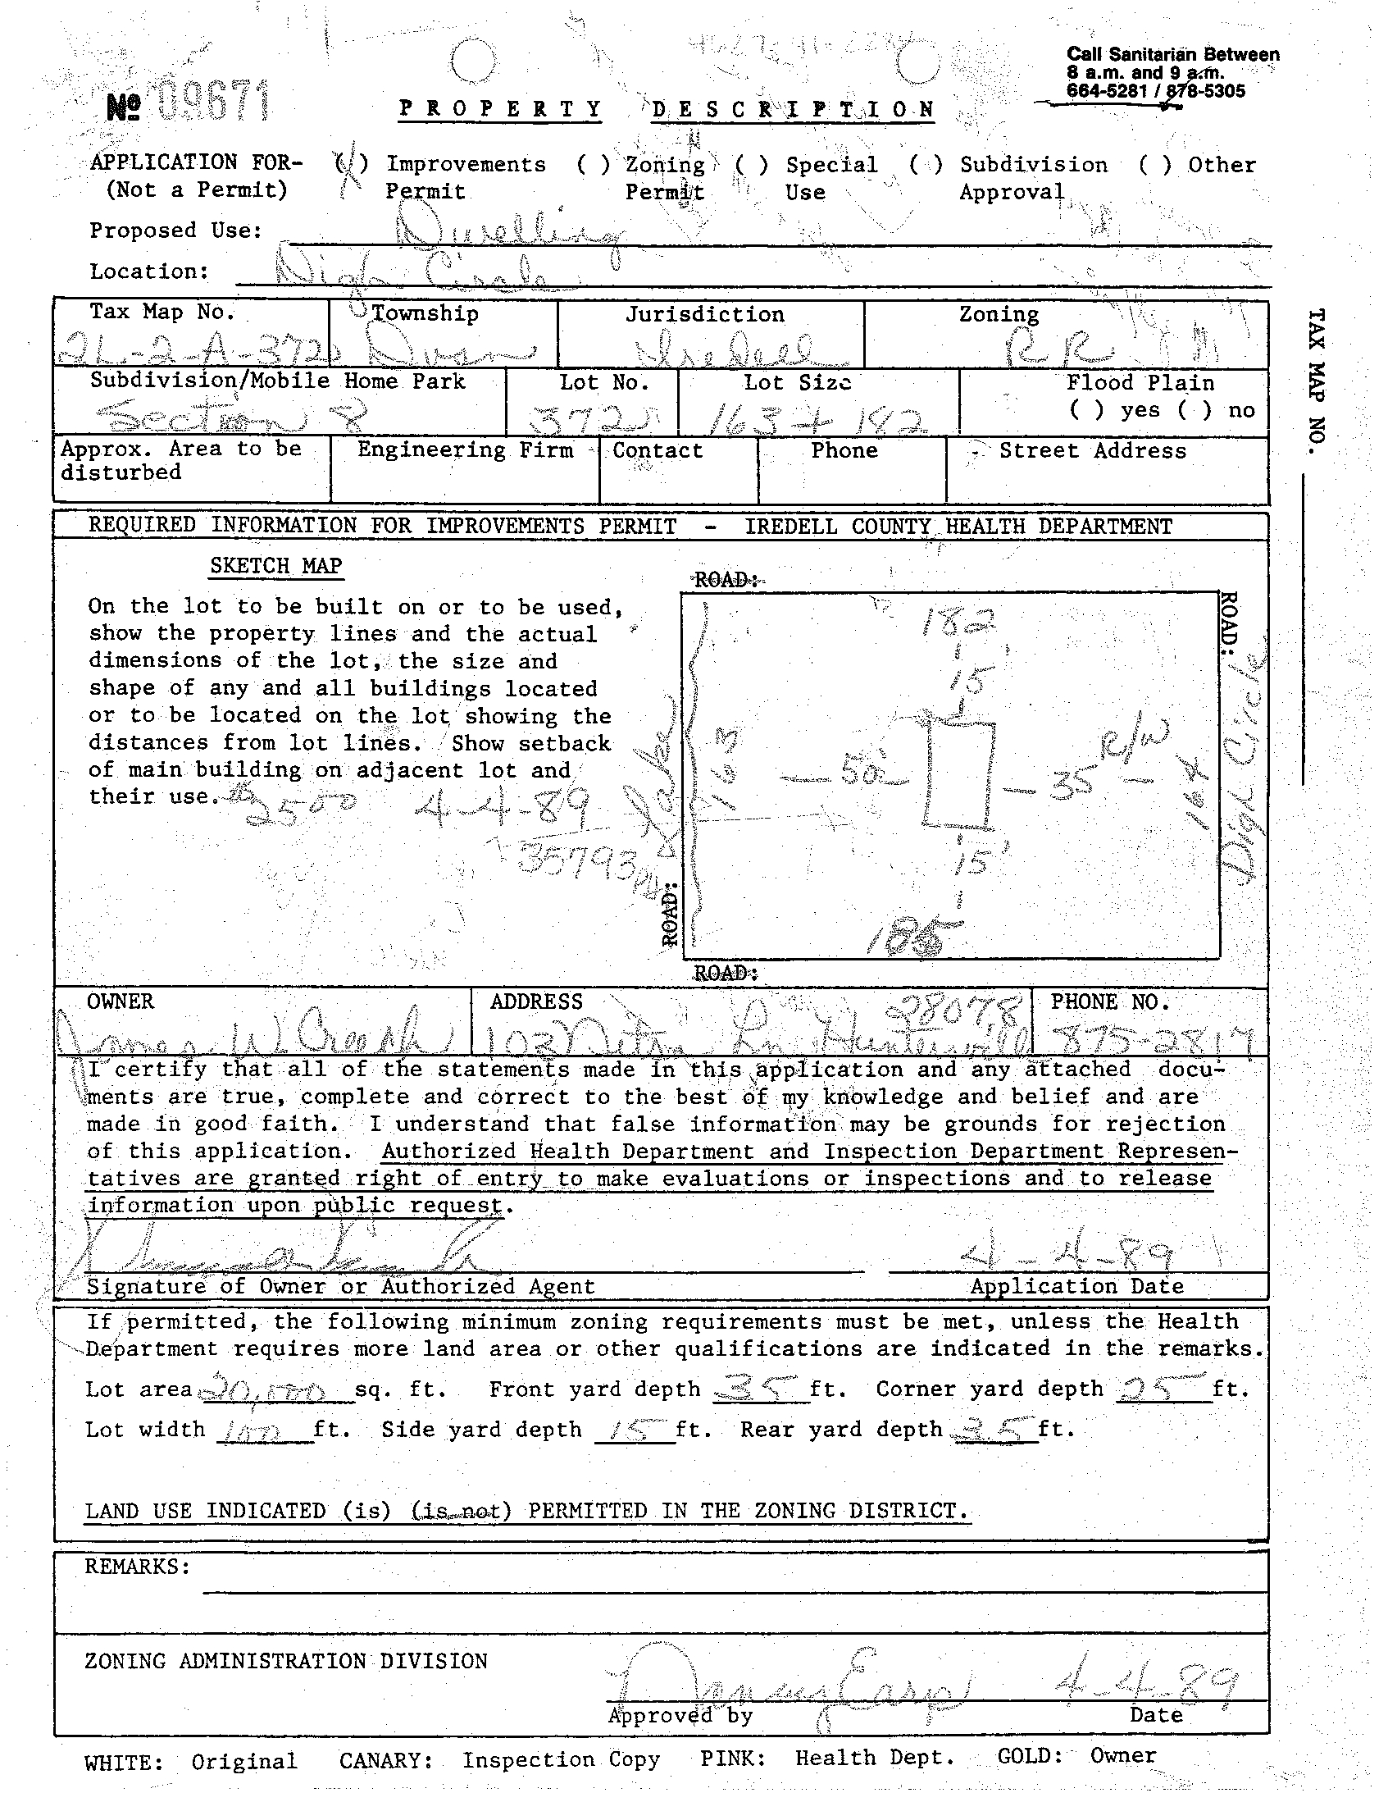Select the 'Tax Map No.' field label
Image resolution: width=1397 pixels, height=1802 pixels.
162,312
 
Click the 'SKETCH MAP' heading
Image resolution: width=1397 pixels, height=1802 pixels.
275,566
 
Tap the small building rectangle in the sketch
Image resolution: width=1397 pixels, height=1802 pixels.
959,773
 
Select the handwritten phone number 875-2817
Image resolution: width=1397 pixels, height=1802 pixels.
1149,1042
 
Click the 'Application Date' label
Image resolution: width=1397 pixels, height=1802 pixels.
1076,1286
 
